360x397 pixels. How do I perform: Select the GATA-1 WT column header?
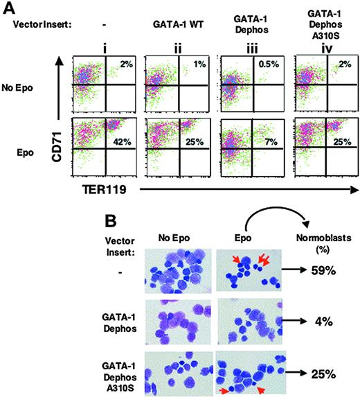tap(170, 24)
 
